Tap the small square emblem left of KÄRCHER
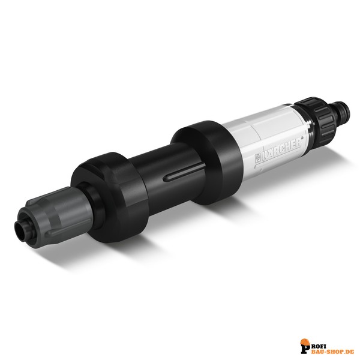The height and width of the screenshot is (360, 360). (258, 159)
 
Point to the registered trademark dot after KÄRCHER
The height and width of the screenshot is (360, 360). (301, 138)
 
